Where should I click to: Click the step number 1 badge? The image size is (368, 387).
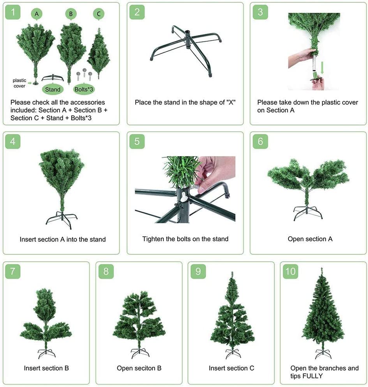(x=12, y=12)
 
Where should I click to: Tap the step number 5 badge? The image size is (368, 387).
(x=137, y=141)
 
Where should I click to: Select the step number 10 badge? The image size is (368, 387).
(x=290, y=271)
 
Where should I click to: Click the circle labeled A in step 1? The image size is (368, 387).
(x=37, y=14)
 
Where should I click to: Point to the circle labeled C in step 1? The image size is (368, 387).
(x=99, y=14)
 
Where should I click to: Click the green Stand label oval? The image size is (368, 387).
(x=53, y=89)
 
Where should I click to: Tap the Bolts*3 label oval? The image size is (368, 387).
(x=84, y=89)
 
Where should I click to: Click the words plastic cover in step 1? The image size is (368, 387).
(x=19, y=83)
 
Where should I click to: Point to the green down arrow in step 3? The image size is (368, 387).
(x=322, y=68)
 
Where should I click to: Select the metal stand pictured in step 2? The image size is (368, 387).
(x=186, y=51)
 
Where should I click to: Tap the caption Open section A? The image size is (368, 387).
(x=310, y=239)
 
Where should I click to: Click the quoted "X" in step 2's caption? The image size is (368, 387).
(x=231, y=102)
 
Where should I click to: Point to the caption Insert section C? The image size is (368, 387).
(x=231, y=368)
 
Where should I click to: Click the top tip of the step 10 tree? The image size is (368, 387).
(x=322, y=268)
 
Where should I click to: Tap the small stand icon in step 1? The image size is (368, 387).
(x=53, y=78)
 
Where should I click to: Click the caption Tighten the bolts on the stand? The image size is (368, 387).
(x=185, y=239)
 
